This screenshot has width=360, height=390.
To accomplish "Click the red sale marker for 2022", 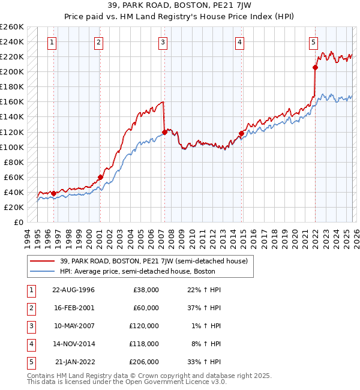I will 316,67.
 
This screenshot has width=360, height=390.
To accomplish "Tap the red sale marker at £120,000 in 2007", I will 164,132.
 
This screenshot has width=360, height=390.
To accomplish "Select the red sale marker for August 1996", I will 53,193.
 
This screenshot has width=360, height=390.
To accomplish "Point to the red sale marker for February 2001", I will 100,177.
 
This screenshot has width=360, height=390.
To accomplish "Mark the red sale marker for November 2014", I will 241,133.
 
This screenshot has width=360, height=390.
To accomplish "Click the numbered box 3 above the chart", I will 163,42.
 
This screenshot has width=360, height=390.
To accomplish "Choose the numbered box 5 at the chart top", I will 314,42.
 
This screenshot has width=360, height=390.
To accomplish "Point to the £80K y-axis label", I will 14,162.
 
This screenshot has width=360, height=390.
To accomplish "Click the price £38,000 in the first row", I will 146,290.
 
